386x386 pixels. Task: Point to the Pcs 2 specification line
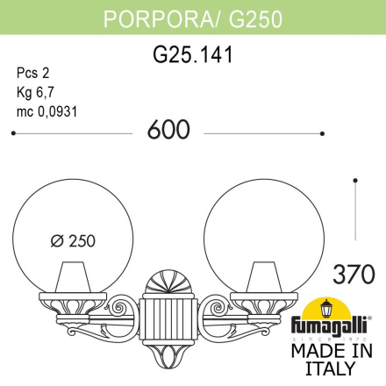pyautogui.click(x=32, y=74)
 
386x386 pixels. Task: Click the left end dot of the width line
pyautogui.click(x=11, y=133)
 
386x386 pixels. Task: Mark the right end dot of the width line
pyautogui.click(x=322, y=133)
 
